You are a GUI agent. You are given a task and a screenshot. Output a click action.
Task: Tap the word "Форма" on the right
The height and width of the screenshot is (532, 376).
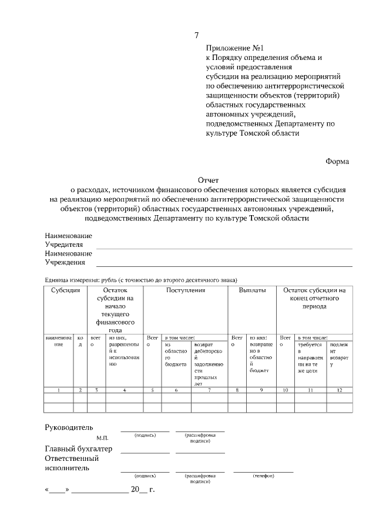click(x=337, y=161)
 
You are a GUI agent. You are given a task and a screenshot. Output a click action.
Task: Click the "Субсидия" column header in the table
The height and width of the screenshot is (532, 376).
click(x=65, y=290)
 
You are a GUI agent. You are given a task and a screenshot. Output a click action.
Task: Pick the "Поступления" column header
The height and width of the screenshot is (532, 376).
click(x=185, y=290)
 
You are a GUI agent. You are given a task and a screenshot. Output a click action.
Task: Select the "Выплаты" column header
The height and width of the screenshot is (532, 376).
click(x=252, y=290)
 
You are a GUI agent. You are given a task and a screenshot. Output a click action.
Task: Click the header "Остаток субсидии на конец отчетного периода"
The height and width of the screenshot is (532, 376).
click(x=314, y=298)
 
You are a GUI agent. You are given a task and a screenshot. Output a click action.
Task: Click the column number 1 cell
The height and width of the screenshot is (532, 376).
click(x=59, y=390)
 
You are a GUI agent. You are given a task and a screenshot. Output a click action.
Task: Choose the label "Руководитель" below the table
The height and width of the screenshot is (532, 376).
click(x=69, y=427)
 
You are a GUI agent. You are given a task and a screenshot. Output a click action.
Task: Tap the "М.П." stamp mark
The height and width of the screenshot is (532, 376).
click(x=103, y=438)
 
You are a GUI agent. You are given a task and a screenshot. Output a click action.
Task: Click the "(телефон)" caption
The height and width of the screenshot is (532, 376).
click(x=263, y=476)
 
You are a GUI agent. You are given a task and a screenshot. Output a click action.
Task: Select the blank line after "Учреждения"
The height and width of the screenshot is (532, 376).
click(x=224, y=266)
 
